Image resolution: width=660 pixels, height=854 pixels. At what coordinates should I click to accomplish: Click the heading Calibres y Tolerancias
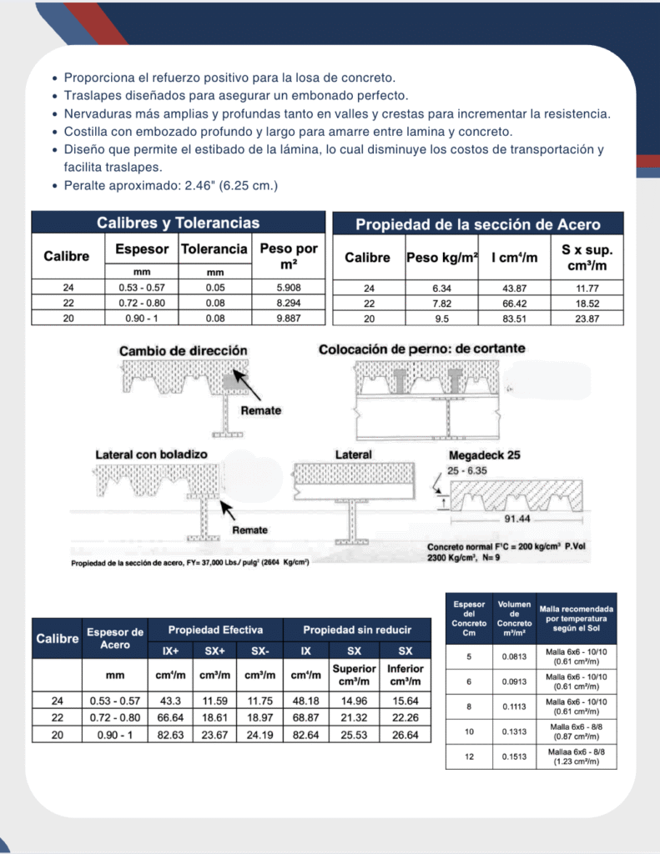(x=178, y=223)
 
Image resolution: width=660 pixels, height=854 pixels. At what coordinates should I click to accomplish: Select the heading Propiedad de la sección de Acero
(x=478, y=224)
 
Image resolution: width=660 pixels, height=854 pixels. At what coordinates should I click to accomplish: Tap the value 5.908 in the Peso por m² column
(x=288, y=288)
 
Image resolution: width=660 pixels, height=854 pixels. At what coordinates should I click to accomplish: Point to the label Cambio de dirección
(x=183, y=350)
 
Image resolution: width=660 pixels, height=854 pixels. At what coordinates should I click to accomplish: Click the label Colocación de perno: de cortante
(x=422, y=349)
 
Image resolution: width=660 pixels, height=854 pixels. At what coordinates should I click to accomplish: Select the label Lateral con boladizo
(x=151, y=455)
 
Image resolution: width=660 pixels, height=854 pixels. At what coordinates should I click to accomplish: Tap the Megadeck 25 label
(x=484, y=455)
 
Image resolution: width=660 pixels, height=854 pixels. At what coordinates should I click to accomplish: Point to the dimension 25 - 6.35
(x=466, y=471)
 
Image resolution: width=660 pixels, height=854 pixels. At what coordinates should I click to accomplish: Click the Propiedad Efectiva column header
(x=215, y=630)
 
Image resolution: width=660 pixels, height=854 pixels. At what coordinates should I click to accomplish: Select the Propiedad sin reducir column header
(x=357, y=630)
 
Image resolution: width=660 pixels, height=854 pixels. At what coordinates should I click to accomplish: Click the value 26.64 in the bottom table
(x=405, y=735)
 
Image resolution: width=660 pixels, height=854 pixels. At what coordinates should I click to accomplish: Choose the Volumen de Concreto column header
(x=513, y=618)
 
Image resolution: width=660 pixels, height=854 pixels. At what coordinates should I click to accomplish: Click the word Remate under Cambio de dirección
(x=260, y=410)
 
